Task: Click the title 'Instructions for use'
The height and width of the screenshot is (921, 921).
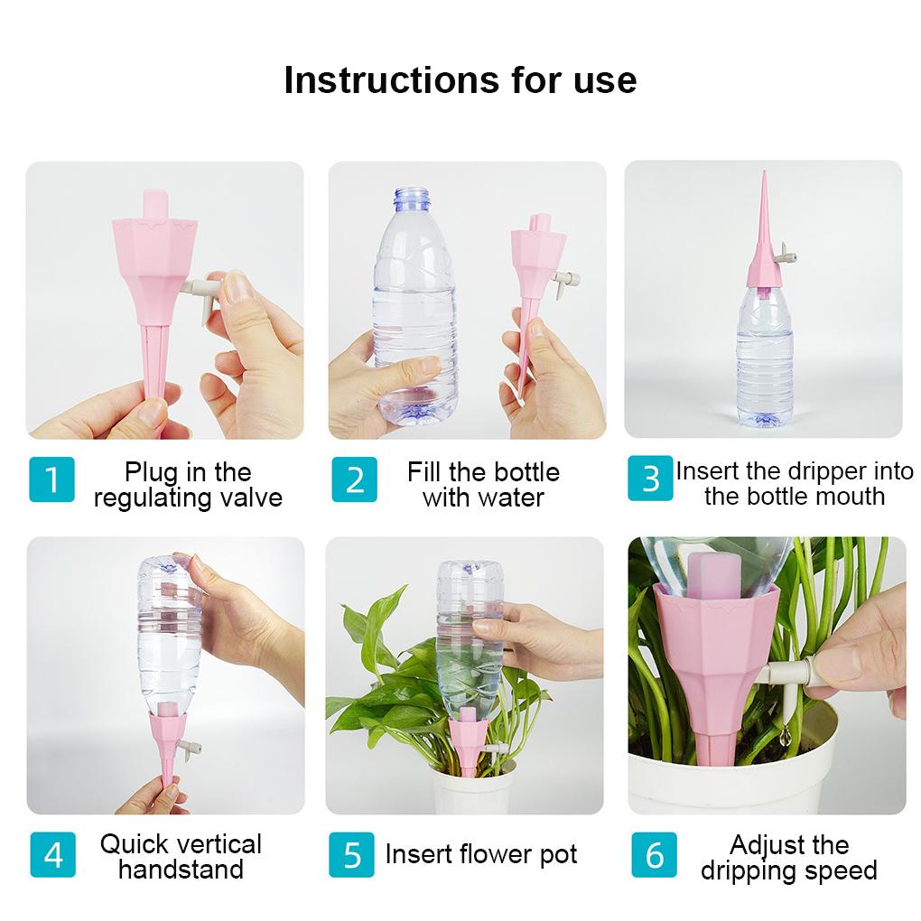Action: (460, 79)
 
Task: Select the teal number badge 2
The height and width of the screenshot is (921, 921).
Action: (354, 479)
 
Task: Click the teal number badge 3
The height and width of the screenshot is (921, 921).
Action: (650, 479)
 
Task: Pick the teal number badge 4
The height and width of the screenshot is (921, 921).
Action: (52, 853)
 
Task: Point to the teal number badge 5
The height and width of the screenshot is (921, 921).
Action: (352, 853)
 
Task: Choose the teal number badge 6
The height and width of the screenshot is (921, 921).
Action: (654, 853)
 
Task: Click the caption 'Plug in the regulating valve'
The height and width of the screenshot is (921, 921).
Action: (188, 485)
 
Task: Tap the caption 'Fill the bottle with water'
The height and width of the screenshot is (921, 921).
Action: (483, 485)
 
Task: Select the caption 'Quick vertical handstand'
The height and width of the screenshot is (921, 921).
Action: (181, 857)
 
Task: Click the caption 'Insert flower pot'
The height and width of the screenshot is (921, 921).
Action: (481, 854)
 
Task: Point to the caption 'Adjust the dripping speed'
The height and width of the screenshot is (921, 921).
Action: (788, 858)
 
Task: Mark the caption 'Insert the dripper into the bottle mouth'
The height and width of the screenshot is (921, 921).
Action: (795, 484)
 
